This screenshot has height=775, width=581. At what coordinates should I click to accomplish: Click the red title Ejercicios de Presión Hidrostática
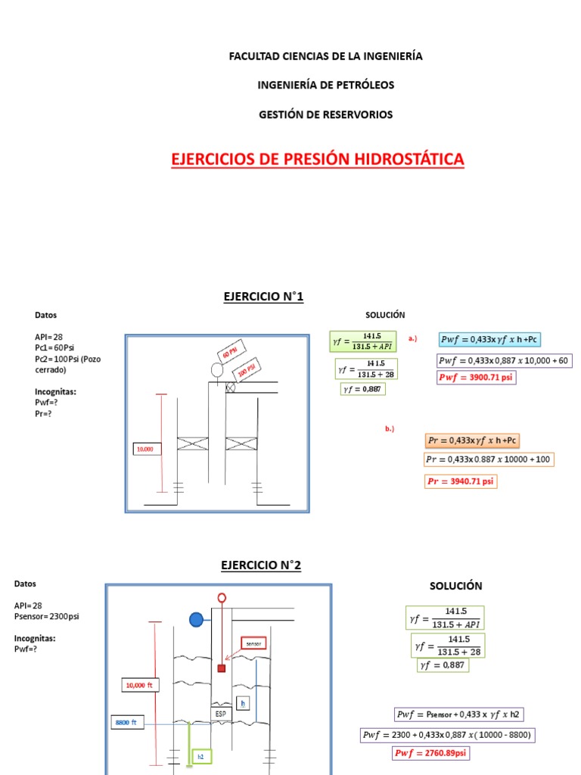click(x=318, y=160)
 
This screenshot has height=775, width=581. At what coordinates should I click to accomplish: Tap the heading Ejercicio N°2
click(x=261, y=565)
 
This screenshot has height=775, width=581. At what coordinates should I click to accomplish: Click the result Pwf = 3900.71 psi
click(x=477, y=377)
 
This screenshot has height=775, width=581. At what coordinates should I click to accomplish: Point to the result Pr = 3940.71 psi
click(x=461, y=481)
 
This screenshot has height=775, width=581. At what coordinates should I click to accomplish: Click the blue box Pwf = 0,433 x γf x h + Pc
click(x=492, y=339)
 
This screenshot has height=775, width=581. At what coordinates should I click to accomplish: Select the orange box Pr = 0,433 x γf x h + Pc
click(x=472, y=440)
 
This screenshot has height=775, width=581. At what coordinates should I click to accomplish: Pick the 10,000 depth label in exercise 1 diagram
click(x=145, y=449)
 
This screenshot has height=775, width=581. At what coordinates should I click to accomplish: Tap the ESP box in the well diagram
click(x=221, y=712)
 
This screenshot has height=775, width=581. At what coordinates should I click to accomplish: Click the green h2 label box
click(x=201, y=756)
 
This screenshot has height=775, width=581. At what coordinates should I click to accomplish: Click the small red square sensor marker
click(x=222, y=668)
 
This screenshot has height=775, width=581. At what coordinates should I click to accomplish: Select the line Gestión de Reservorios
click(x=326, y=114)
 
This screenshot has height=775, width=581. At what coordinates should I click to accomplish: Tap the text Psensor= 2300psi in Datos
click(x=46, y=616)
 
